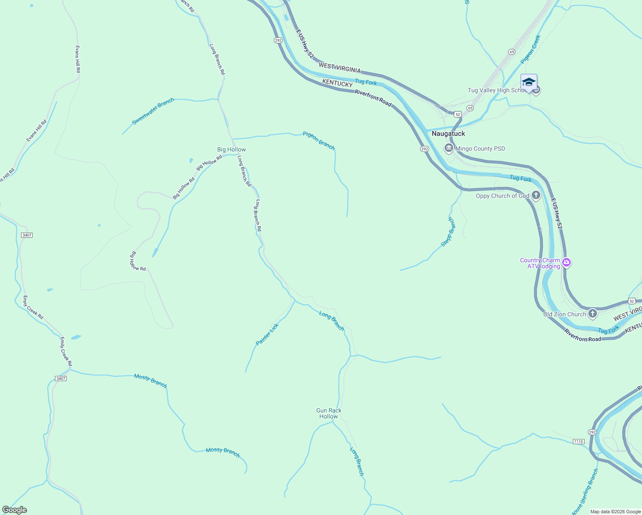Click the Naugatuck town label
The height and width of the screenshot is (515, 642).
point(448,133)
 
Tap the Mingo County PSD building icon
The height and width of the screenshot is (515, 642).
point(449,148)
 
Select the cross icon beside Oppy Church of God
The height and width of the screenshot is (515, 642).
point(536,196)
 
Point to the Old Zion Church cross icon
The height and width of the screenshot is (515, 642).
point(593,314)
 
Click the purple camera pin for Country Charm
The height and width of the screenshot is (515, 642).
point(566,262)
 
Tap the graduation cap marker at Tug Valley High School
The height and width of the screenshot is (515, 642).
point(529,82)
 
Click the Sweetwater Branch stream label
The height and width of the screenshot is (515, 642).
point(153,111)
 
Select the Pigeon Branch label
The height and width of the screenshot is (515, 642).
point(318,140)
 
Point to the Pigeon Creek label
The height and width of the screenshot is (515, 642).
point(530,49)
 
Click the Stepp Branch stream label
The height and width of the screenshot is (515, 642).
point(448,232)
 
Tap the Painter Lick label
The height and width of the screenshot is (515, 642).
point(267,334)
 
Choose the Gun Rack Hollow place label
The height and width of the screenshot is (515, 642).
point(329,413)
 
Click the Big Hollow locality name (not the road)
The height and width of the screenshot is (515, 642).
point(231,149)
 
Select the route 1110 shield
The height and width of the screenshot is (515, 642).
point(578,442)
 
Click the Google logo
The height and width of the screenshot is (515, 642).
point(15,510)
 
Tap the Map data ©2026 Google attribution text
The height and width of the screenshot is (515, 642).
point(615,512)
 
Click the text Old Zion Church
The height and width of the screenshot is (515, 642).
point(564,314)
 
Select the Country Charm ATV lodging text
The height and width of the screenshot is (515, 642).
point(540,263)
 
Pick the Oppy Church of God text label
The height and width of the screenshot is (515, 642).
point(503,196)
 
